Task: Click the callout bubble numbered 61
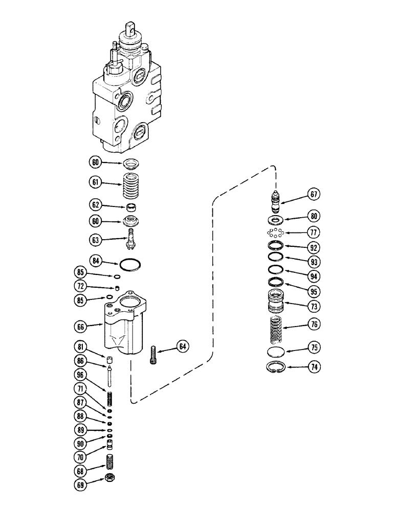click(x=95, y=182)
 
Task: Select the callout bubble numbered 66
click(x=95, y=324)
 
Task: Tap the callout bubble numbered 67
click(x=314, y=193)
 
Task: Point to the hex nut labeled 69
click(x=109, y=478)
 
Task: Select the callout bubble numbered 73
click(x=314, y=307)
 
